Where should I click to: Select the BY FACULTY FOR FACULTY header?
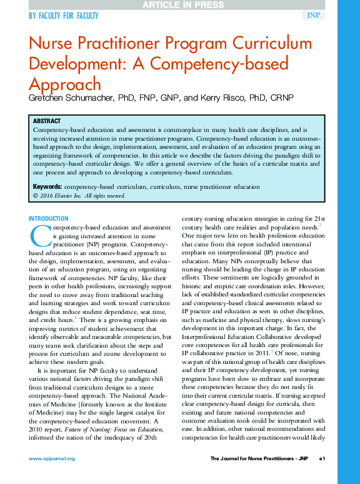click(x=63, y=16)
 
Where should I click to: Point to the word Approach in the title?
click(x=65, y=84)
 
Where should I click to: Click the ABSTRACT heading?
click(x=47, y=121)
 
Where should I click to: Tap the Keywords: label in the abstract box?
click(x=47, y=186)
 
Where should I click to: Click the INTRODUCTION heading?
click(x=49, y=218)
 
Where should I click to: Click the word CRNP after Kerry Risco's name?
click(x=281, y=99)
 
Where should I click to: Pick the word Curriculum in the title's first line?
click(x=273, y=44)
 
